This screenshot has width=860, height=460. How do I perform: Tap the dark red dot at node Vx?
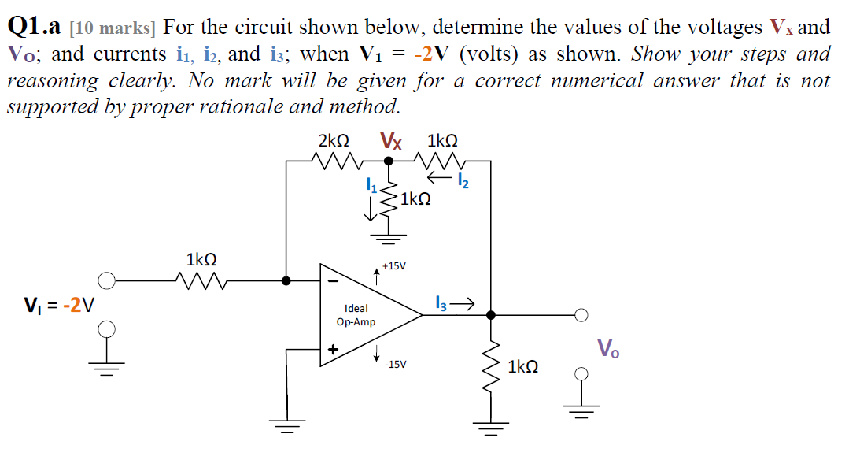[387, 161]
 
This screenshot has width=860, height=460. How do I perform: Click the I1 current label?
[371, 186]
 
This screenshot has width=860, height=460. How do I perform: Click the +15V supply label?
[393, 266]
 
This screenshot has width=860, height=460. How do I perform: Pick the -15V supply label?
[395, 365]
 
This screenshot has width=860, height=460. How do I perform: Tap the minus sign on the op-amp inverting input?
[333, 280]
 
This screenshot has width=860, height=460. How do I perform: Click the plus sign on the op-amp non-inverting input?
[333, 348]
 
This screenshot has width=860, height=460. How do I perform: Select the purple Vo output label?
[607, 347]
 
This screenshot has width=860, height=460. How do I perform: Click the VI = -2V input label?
[59, 304]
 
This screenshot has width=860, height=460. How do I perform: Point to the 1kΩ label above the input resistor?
[201, 259]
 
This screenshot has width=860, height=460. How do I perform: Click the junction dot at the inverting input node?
[286, 280]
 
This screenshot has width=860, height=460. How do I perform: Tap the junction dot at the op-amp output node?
[491, 315]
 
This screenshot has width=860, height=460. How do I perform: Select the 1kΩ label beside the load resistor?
[523, 367]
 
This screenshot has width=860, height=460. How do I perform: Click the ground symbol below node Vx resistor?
[387, 235]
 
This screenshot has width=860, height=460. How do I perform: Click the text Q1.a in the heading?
[34, 28]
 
